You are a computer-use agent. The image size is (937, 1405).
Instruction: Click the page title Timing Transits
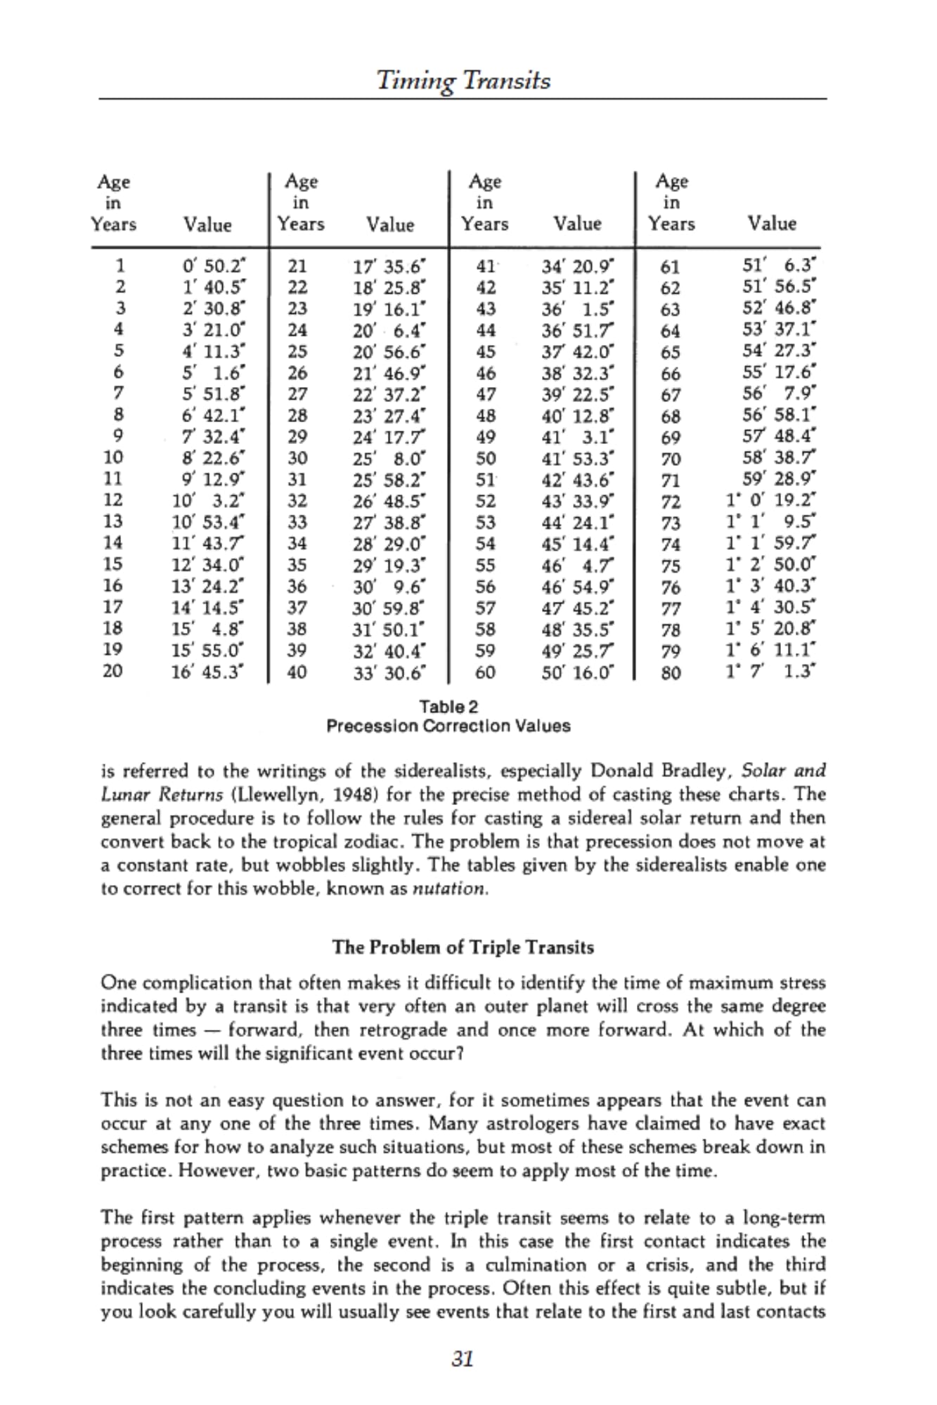463,81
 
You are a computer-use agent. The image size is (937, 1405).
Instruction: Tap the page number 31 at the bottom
463,1359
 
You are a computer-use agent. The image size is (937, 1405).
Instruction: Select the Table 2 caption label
448,706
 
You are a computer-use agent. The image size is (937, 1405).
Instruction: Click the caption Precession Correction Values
448,726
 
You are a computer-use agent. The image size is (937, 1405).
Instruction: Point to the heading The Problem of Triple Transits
463,948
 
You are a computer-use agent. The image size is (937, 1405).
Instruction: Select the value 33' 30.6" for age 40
389,672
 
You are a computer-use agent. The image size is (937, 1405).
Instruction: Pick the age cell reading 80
671,673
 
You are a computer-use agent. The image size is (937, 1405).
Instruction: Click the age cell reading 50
486,459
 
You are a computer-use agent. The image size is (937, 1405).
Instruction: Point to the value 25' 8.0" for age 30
389,459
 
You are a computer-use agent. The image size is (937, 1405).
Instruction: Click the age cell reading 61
671,267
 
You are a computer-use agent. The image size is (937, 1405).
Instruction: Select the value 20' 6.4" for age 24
389,329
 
